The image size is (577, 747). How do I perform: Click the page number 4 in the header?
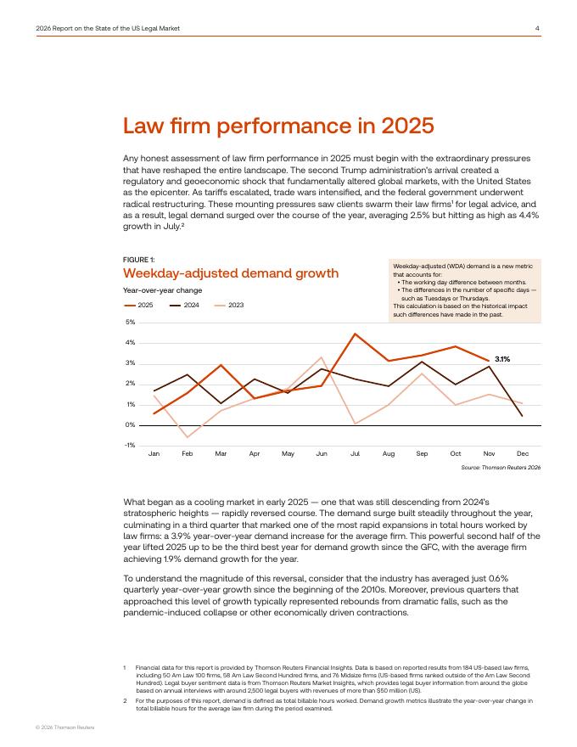pyautogui.click(x=537, y=28)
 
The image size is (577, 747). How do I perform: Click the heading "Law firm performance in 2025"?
pyautogui.click(x=279, y=126)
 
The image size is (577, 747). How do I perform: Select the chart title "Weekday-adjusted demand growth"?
pyautogui.click(x=231, y=272)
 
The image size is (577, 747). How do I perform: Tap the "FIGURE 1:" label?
pyautogui.click(x=139, y=259)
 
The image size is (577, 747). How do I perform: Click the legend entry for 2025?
pyautogui.click(x=138, y=304)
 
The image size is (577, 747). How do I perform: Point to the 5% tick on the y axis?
pyautogui.click(x=130, y=323)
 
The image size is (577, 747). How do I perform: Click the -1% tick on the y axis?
pyautogui.click(x=129, y=445)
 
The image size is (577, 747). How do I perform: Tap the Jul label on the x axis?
pyautogui.click(x=355, y=454)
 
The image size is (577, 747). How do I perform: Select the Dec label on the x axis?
pyautogui.click(x=522, y=454)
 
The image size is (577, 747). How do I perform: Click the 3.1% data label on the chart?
pyautogui.click(x=502, y=359)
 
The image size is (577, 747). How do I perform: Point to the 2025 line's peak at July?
pyautogui.click(x=355, y=334)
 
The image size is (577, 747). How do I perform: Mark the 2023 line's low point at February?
pyautogui.click(x=188, y=437)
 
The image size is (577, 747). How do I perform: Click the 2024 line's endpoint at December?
pyautogui.click(x=522, y=416)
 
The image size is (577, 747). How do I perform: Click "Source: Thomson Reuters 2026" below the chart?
pyautogui.click(x=501, y=468)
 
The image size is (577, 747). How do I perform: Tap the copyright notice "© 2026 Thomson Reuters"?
pyautogui.click(x=64, y=727)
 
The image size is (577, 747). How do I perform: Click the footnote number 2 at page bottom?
pyautogui.click(x=125, y=700)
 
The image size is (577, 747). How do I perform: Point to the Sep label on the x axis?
pyautogui.click(x=422, y=454)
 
